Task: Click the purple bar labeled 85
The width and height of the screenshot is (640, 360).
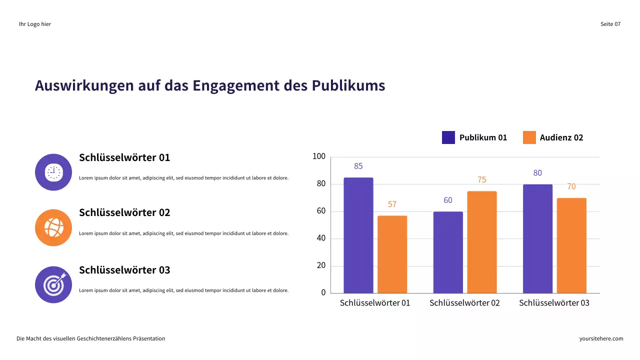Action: (x=358, y=235)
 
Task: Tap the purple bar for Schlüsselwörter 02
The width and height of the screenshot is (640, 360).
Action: (x=447, y=252)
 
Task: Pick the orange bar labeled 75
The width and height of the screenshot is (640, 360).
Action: (x=481, y=242)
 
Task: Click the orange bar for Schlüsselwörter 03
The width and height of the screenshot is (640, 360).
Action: (x=571, y=245)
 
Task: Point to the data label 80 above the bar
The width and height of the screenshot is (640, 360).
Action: (x=537, y=173)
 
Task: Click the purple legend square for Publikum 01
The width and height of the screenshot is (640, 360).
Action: (x=448, y=137)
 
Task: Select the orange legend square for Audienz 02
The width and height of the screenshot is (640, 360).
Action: (x=529, y=137)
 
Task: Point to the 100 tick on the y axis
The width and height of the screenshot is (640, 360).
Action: (x=318, y=157)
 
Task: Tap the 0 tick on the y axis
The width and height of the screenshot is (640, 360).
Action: (x=323, y=292)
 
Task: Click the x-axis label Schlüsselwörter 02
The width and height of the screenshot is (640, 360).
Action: (x=464, y=303)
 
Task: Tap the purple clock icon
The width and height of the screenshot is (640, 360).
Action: (x=53, y=172)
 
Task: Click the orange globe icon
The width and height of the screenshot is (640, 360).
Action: (x=53, y=227)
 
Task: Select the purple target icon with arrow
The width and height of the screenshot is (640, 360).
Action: (x=53, y=284)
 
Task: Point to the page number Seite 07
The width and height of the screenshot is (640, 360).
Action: (x=610, y=24)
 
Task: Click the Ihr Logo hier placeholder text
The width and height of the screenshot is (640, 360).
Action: (x=35, y=24)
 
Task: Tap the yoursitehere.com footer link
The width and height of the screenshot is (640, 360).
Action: (x=601, y=338)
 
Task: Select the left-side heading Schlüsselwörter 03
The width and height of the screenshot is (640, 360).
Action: (x=124, y=270)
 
